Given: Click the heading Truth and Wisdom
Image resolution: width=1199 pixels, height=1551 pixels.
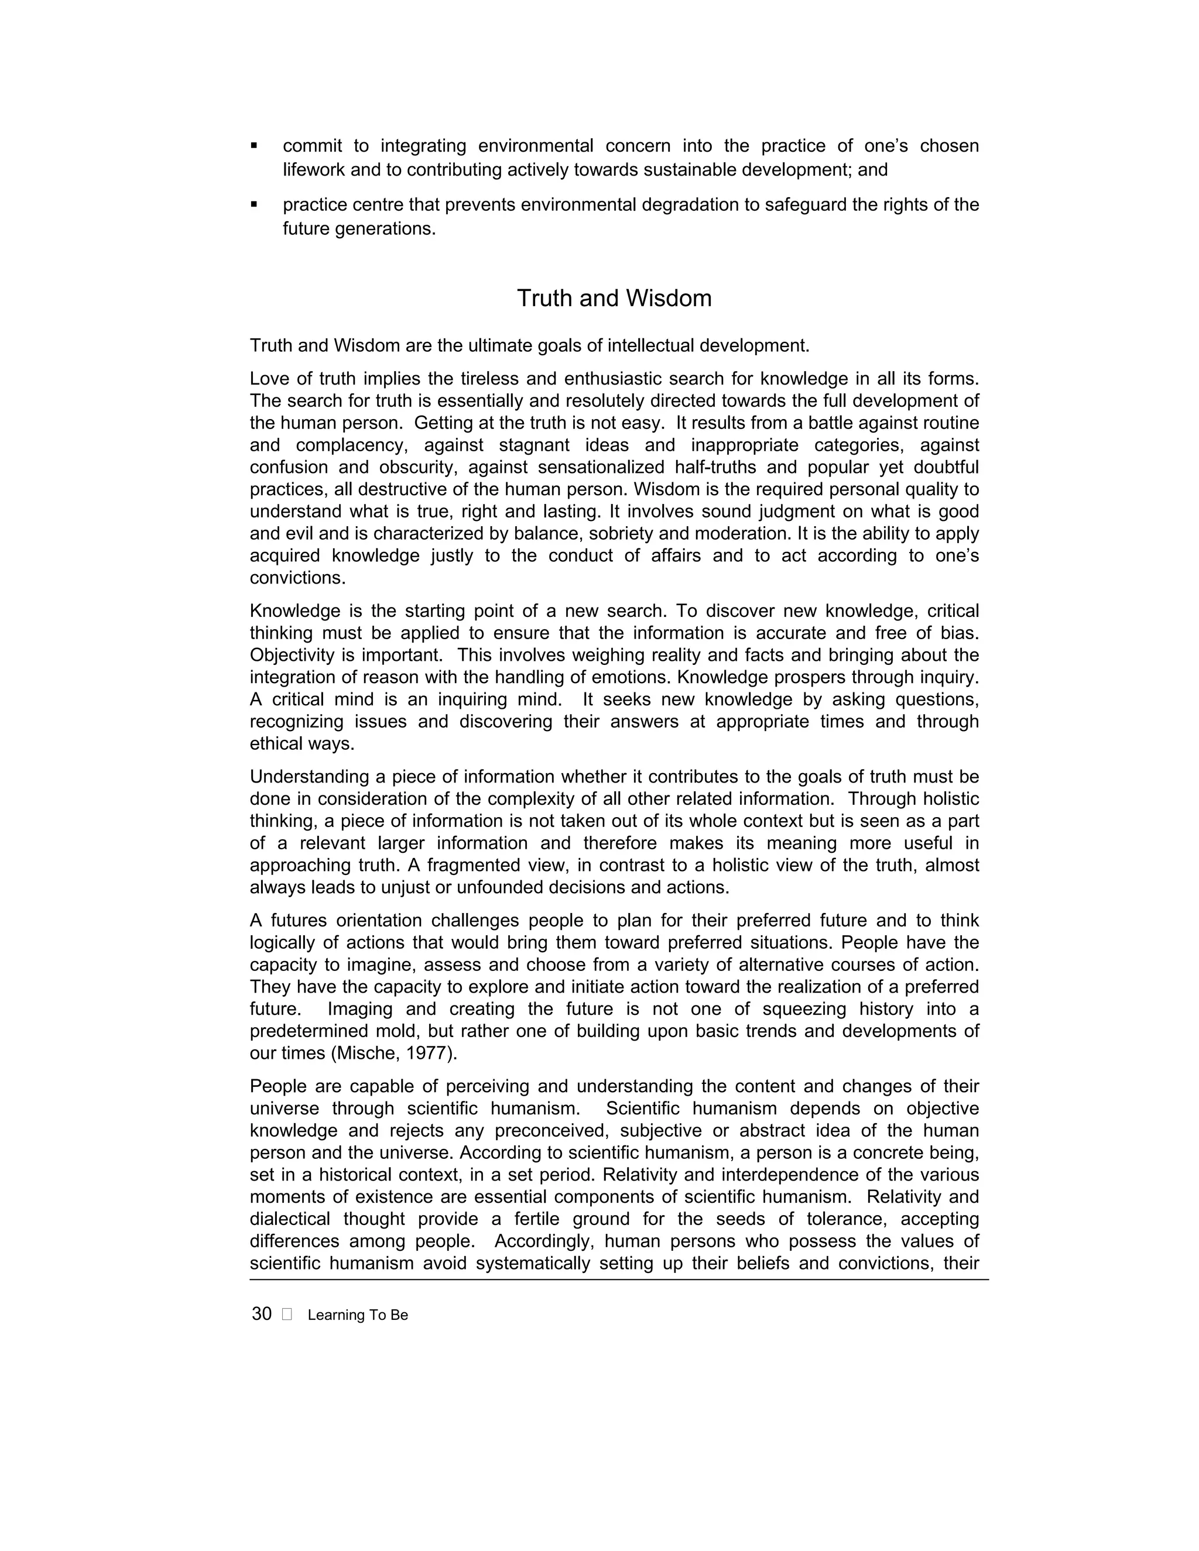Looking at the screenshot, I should (x=614, y=298).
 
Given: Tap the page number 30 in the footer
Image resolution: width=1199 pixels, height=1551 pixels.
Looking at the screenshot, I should (x=261, y=1314).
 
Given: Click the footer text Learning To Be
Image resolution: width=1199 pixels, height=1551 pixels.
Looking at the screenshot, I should (x=357, y=1315).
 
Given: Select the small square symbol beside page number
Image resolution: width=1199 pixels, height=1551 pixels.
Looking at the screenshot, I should (x=286, y=1315).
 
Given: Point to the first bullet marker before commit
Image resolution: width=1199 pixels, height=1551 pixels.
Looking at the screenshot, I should (x=253, y=146).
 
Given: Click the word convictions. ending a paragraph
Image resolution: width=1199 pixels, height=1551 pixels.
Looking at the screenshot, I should (x=297, y=578).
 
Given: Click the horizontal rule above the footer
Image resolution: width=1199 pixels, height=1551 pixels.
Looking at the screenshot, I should (x=618, y=1279).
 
